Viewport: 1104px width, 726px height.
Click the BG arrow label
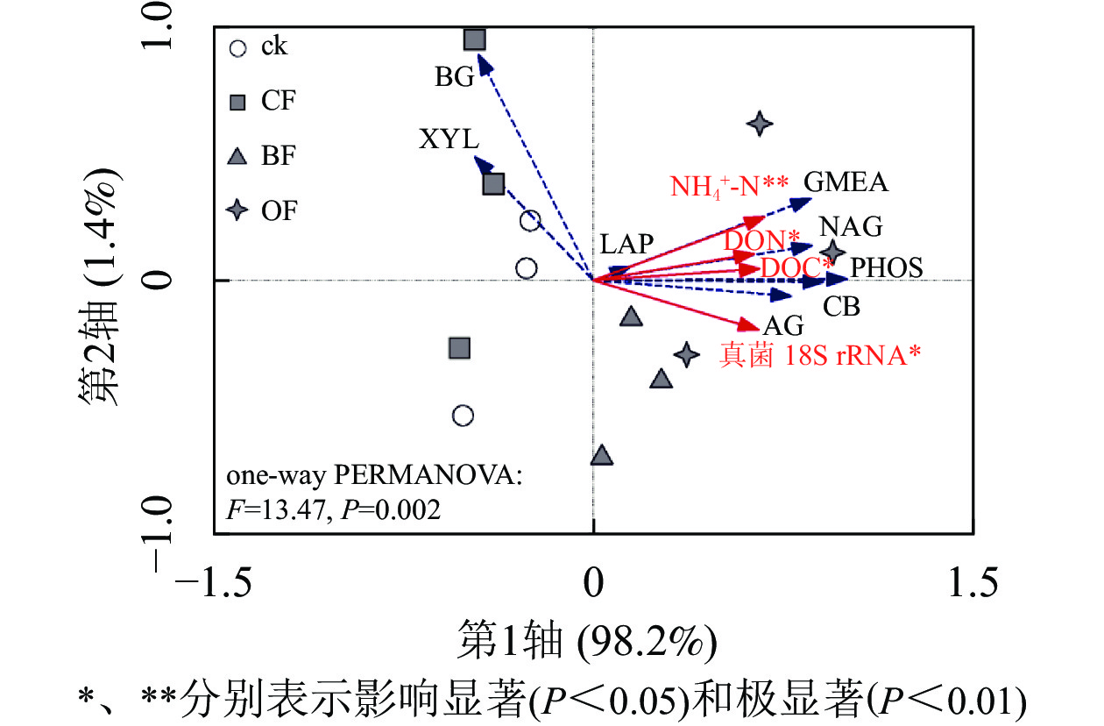[455, 77]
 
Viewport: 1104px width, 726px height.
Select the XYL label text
[449, 139]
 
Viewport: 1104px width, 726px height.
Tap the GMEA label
[846, 182]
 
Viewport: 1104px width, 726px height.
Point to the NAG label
[850, 227]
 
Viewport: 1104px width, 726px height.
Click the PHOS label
[887, 267]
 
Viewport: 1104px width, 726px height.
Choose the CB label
[841, 307]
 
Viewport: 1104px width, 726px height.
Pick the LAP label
[626, 245]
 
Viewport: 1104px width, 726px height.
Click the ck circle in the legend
[237, 47]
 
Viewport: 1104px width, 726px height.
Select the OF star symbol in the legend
[237, 211]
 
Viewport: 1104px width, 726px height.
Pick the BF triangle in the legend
[237, 157]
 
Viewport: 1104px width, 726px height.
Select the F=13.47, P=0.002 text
[333, 509]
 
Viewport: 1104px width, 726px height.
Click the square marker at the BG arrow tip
[475, 39]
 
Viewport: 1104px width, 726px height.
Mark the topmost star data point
[760, 124]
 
